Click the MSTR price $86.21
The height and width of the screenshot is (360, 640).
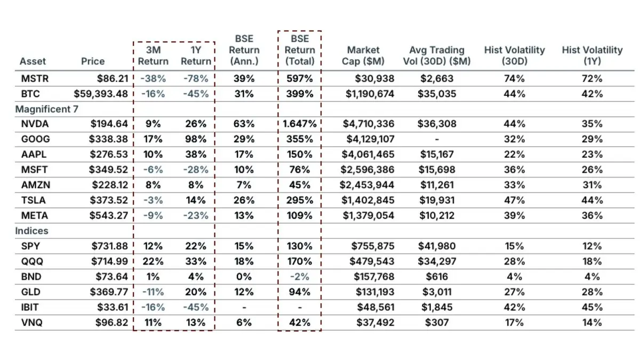point(113,78)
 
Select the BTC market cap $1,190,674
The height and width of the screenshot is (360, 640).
point(370,94)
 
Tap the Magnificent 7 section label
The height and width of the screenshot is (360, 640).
point(46,109)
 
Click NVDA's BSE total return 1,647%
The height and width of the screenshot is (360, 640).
point(299,124)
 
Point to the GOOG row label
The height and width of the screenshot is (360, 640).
point(35,139)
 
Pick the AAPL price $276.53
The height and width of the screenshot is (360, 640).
point(109,155)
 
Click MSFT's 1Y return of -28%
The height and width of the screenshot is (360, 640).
point(196,170)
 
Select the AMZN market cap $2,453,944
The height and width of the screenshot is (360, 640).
point(367,185)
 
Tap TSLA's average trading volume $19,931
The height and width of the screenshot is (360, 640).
point(437,201)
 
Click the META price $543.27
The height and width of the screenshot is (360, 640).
point(109,215)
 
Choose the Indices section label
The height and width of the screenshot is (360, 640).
point(31,231)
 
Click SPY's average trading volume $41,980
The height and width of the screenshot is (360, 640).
point(437,246)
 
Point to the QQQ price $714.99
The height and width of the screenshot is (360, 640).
point(110,261)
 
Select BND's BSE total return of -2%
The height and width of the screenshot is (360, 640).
point(299,277)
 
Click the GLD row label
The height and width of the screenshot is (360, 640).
point(30,292)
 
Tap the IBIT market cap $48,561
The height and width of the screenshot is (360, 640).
point(375,307)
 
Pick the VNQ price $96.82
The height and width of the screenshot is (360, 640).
point(111,323)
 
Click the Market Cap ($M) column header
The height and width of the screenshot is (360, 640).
point(363,55)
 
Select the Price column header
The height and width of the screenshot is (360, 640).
point(93,61)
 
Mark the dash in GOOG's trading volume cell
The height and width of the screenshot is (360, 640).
point(437,139)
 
